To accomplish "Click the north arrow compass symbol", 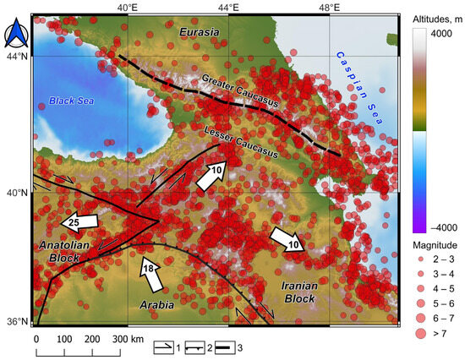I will point(16,36).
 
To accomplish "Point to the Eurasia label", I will point(199,32).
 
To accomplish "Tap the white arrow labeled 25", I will point(79,222).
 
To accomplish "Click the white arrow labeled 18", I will point(150,270).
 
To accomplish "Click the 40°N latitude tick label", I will point(16,192).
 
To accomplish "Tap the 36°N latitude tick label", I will point(16,321).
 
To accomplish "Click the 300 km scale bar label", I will point(126,338).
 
